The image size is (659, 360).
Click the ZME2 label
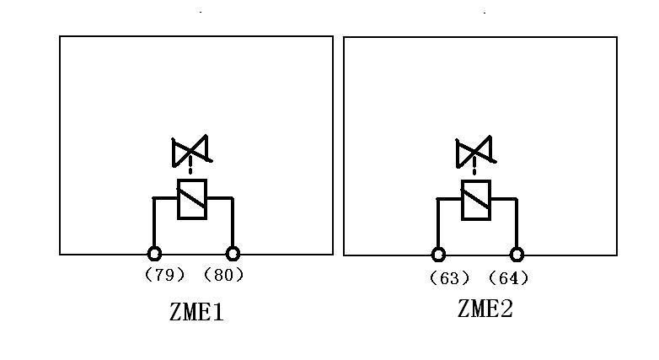point(485,309)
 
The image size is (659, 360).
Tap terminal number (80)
point(223,275)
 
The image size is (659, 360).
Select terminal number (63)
point(449,278)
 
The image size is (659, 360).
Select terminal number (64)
point(509,278)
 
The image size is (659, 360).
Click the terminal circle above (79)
point(154,253)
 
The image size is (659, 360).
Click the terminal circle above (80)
point(233,253)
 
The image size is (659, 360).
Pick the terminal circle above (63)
point(438,254)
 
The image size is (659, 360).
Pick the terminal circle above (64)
point(517,254)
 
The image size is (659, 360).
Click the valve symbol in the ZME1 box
point(191,153)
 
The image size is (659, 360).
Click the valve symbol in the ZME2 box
point(474,153)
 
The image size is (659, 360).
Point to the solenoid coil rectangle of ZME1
point(192,200)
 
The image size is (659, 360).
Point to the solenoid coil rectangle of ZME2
point(476,200)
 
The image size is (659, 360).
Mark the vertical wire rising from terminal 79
point(154,223)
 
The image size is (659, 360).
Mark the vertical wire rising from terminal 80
point(233,223)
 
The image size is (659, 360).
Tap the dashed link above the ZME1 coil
point(191,172)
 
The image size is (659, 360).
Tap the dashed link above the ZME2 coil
point(475,172)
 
